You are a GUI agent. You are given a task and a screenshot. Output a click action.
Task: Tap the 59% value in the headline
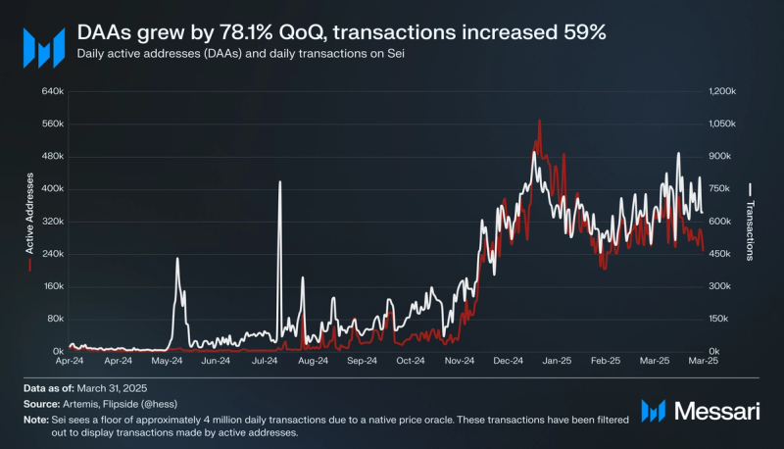(x=584, y=31)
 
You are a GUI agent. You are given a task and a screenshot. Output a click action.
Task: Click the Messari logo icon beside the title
(x=43, y=45)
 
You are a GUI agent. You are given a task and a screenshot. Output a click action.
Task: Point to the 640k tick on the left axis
(x=51, y=91)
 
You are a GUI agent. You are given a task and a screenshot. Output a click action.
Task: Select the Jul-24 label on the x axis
(x=263, y=361)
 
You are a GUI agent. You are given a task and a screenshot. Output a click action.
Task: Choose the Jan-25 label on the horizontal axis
(x=557, y=361)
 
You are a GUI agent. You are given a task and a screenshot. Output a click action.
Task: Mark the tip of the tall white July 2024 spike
(x=279, y=182)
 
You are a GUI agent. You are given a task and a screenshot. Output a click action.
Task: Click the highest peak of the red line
(x=539, y=121)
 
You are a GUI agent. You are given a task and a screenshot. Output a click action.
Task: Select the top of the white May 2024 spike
(x=177, y=259)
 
